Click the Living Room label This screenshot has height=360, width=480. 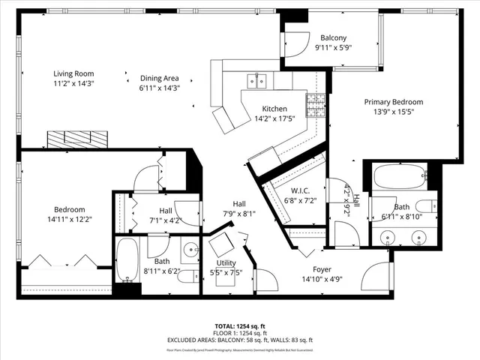point(73,73)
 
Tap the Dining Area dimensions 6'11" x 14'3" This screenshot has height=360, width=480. point(160,88)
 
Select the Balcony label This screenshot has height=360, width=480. point(333,38)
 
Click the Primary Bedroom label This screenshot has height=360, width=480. point(394,102)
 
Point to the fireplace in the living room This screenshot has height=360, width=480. point(78,139)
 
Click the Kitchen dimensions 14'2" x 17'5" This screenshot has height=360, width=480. point(274,118)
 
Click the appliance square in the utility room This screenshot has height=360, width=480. point(221,245)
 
